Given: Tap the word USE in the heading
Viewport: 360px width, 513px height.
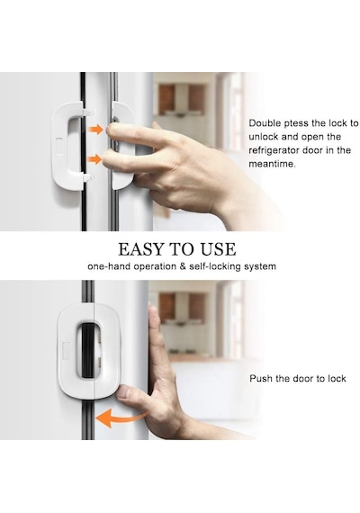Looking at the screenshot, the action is pos(218,249).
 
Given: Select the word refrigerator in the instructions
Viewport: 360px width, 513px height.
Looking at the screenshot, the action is pos(274,150).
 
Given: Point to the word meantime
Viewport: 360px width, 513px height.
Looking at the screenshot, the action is pos(272,164).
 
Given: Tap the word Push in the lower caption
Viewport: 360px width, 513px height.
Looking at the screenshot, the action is pos(261,379).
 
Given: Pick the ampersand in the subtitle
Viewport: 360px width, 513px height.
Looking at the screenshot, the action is pos(183,266).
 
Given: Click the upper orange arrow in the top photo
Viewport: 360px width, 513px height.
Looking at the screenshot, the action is pos(96,129).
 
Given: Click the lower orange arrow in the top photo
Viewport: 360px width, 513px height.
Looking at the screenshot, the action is pos(96,159).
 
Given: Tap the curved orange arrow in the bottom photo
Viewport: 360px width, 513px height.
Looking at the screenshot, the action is pos(121,418).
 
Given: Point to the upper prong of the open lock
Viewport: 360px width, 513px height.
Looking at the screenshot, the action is pos(86,112).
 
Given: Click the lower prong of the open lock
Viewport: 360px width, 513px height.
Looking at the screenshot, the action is pos(87,177).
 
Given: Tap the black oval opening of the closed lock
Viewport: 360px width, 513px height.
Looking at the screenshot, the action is pos(87,350).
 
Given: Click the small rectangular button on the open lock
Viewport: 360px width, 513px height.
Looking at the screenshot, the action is pos(59,144).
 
